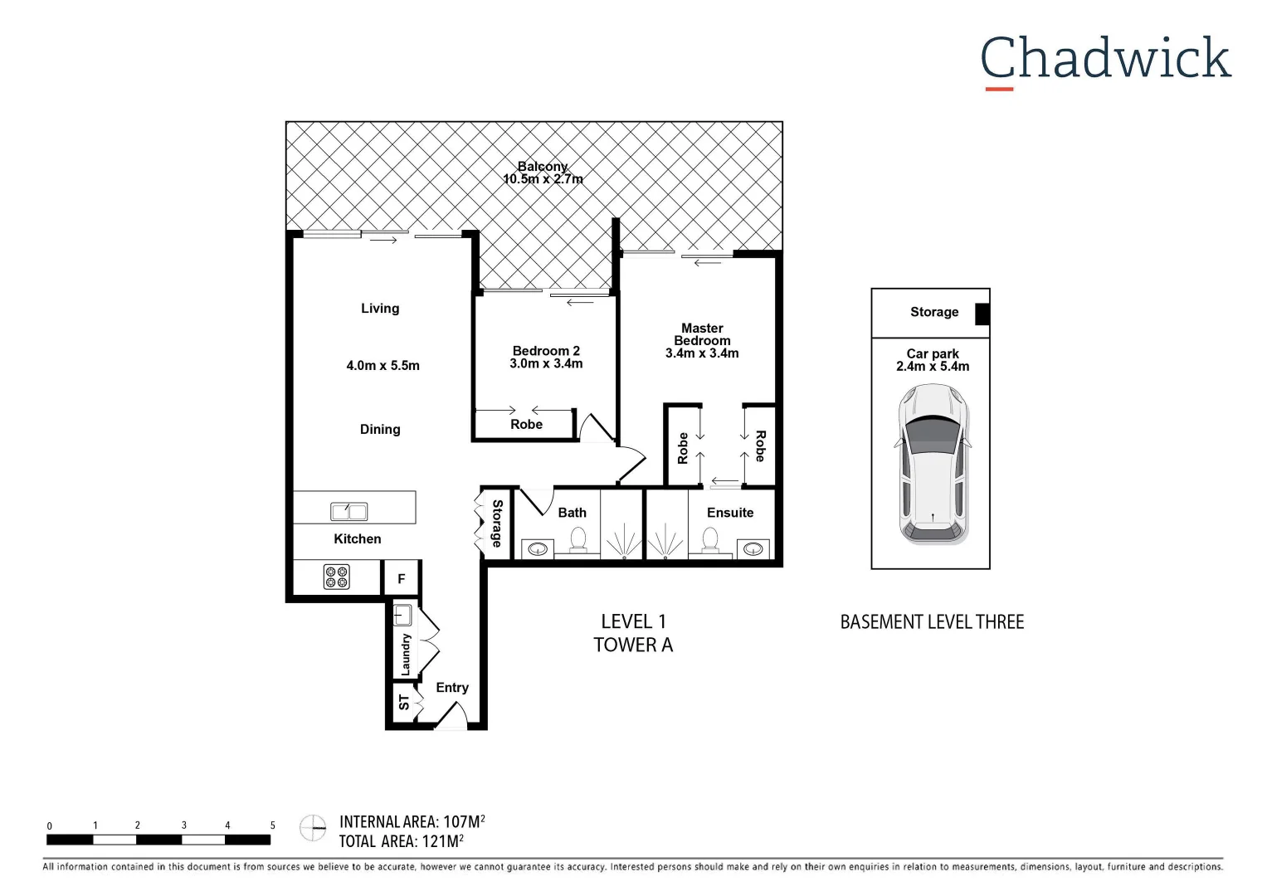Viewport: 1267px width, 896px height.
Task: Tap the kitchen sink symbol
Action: (349, 511)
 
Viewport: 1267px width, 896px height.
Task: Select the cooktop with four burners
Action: (336, 577)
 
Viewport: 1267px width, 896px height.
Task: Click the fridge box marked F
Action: (402, 579)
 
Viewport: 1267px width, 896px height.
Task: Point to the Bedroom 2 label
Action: (546, 351)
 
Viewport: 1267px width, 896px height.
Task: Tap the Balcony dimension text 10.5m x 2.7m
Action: (543, 179)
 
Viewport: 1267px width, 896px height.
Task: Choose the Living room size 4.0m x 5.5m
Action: (383, 366)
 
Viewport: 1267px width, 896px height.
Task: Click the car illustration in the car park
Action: (933, 465)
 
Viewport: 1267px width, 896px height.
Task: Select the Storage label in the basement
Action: (933, 312)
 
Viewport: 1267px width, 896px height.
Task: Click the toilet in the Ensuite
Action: (710, 539)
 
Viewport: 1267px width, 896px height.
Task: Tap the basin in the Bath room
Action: (538, 548)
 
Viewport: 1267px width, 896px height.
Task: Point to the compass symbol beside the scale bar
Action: (313, 827)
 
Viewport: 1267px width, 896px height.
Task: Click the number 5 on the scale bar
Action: (272, 825)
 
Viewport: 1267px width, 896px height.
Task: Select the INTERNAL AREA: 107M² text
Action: (412, 822)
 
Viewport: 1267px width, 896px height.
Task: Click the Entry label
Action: (452, 688)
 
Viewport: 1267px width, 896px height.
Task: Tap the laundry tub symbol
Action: (402, 616)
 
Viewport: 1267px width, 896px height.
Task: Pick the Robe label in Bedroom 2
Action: (526, 425)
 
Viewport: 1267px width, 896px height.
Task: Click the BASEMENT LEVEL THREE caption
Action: (932, 622)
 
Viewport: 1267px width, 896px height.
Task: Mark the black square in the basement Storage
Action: (982, 314)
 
